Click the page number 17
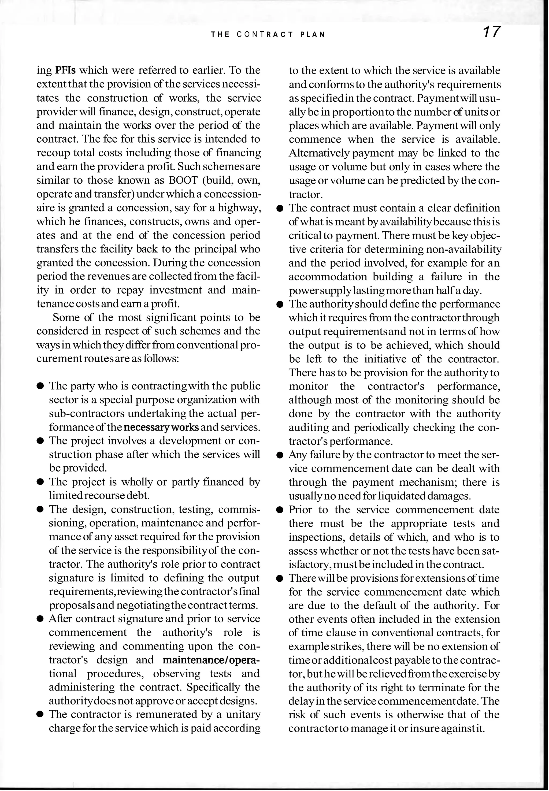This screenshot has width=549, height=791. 491,32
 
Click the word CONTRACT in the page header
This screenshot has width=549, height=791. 265,35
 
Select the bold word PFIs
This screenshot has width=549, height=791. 65,70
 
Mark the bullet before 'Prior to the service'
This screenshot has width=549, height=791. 280,510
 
